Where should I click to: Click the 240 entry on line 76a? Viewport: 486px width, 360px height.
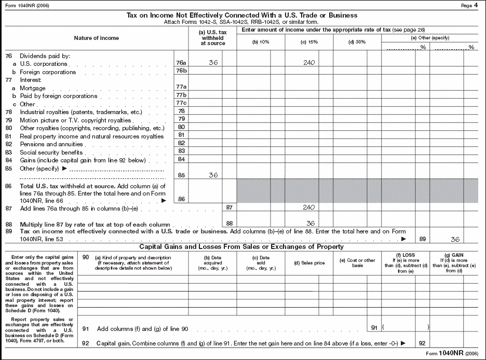pyautogui.click(x=309, y=62)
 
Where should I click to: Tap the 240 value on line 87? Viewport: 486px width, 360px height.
pyautogui.click(x=309, y=206)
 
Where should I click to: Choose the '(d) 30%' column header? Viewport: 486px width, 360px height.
pyautogui.click(x=357, y=41)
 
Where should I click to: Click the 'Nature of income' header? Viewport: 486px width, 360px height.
pyautogui.click(x=96, y=38)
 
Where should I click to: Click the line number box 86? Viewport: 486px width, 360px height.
pyautogui.click(x=181, y=199)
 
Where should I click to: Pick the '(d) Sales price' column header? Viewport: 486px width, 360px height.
pyautogui.click(x=308, y=263)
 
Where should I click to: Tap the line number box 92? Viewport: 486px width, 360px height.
pyautogui.click(x=422, y=343)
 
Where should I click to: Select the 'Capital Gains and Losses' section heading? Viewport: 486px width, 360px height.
pyautogui.click(x=243, y=246)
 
